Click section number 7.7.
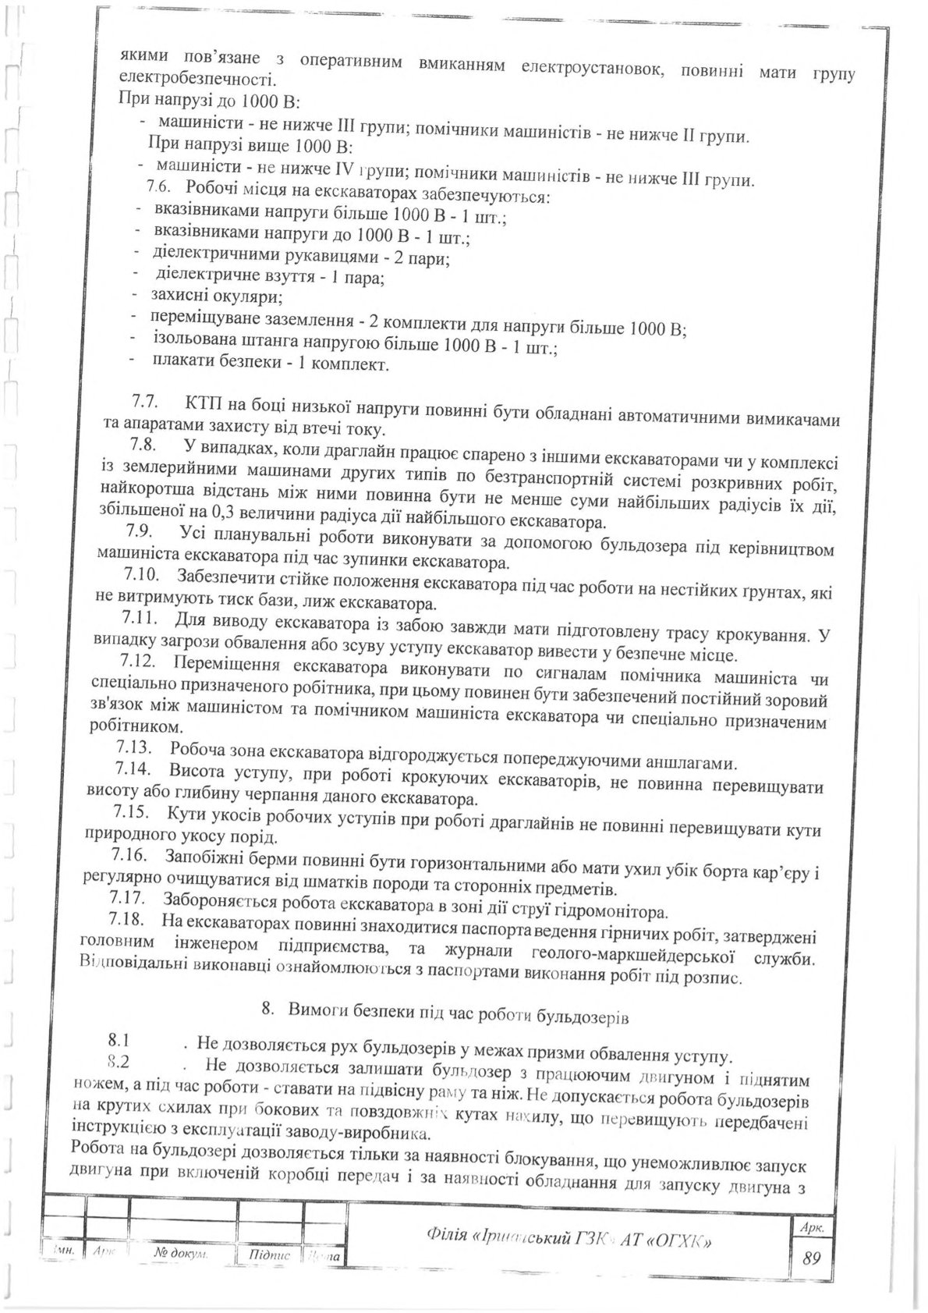143,404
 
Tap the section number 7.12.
137,664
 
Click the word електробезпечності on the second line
196,80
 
